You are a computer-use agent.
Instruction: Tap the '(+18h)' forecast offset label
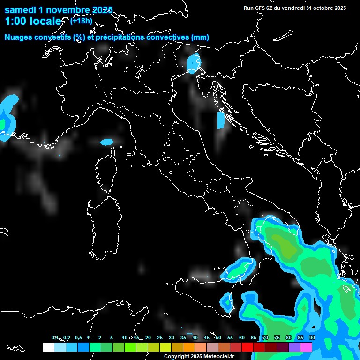(81, 20)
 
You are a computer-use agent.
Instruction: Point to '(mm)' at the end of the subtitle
(200, 37)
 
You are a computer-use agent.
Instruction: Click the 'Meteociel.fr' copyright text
(218, 357)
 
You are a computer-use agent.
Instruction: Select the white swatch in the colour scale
(48, 347)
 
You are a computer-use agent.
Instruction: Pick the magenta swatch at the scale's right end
(306, 347)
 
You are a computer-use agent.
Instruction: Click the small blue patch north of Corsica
(107, 142)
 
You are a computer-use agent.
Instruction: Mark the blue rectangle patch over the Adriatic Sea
(221, 120)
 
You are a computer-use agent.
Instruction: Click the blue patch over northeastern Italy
(193, 63)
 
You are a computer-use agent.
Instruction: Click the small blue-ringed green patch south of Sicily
(228, 303)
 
